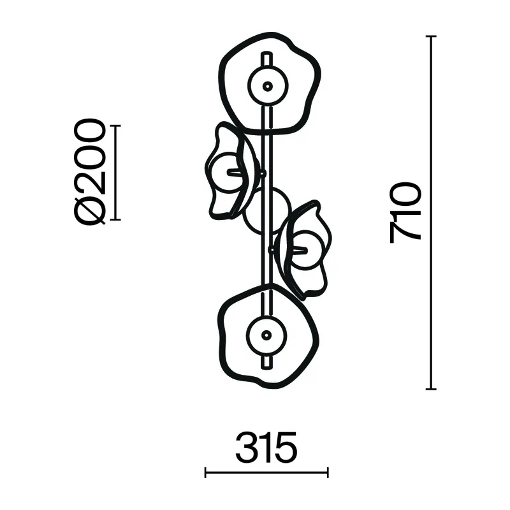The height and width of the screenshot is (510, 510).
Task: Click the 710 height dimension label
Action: [405, 213]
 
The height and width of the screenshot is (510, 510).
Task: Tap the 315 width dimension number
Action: [266, 448]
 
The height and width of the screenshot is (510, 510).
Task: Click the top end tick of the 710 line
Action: [431, 36]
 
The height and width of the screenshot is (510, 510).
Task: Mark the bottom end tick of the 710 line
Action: [431, 389]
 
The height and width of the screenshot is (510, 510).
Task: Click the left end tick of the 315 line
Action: [205, 472]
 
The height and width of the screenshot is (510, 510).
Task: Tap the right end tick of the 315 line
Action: [328, 472]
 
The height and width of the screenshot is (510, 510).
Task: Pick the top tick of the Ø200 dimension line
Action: [115, 126]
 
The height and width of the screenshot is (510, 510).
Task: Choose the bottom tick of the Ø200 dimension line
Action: [115, 220]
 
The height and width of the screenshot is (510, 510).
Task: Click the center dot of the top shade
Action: [268, 86]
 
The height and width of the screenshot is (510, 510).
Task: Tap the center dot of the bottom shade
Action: [266, 335]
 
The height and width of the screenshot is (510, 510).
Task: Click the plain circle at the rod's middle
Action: [267, 211]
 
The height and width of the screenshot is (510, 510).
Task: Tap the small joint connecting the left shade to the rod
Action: [263, 173]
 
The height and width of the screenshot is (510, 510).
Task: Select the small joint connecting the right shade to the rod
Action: [270, 250]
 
